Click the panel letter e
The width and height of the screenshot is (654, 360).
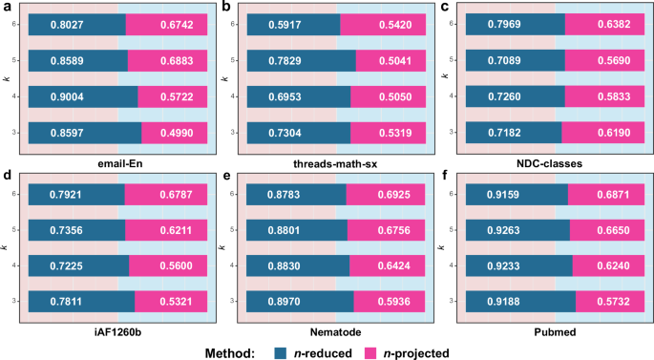(226, 176)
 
